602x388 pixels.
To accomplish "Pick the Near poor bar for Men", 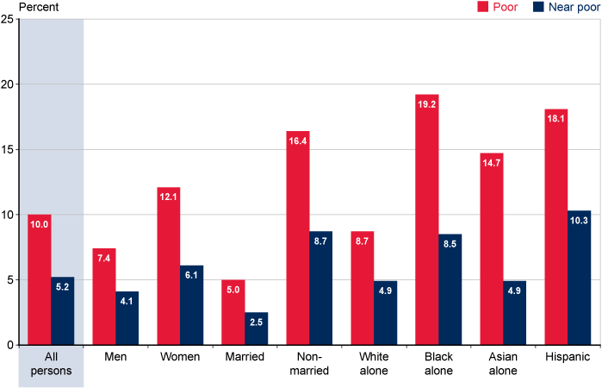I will (x=127, y=318).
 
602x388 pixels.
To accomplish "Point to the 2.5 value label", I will (x=257, y=322).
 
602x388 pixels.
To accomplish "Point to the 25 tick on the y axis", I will (x=7, y=21).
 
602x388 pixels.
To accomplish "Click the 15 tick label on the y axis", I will (x=7, y=150).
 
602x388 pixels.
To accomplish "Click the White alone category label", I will (x=375, y=363).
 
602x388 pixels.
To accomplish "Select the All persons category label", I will (x=51, y=363).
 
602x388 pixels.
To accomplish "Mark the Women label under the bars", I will (x=180, y=357).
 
